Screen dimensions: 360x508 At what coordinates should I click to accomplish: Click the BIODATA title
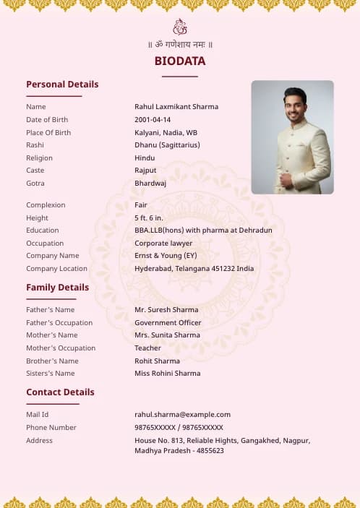pyautogui.click(x=180, y=61)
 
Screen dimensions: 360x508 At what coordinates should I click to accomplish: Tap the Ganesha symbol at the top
pyautogui.click(x=180, y=27)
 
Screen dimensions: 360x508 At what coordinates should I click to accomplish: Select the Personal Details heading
pyautogui.click(x=62, y=84)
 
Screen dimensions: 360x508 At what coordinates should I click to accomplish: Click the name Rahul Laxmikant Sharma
pyautogui.click(x=176, y=107)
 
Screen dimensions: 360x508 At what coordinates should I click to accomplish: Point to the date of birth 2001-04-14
pyautogui.click(x=153, y=120)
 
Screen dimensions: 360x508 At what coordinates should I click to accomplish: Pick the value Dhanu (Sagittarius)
pyautogui.click(x=167, y=145)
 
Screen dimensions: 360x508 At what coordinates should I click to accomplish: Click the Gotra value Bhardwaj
pyautogui.click(x=150, y=184)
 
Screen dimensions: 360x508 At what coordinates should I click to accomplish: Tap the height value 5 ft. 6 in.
pyautogui.click(x=149, y=218)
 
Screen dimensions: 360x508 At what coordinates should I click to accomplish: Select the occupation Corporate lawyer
pyautogui.click(x=163, y=244)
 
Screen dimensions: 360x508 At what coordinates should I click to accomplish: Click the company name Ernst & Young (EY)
pyautogui.click(x=166, y=256)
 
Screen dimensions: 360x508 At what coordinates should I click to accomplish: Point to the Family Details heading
pyautogui.click(x=58, y=288)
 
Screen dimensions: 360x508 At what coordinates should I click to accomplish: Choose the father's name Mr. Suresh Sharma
pyautogui.click(x=166, y=310)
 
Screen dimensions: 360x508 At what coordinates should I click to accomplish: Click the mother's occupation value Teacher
pyautogui.click(x=147, y=348)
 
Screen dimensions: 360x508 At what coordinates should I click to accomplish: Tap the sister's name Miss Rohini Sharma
pyautogui.click(x=168, y=374)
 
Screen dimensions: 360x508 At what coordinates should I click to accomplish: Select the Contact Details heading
pyautogui.click(x=60, y=392)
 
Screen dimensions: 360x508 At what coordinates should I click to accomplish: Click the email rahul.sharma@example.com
pyautogui.click(x=182, y=415)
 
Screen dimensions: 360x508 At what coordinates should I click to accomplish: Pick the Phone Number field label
pyautogui.click(x=51, y=428)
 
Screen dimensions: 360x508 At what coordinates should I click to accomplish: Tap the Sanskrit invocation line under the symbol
pyautogui.click(x=180, y=45)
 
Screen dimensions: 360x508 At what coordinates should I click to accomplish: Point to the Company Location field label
pyautogui.click(x=57, y=269)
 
